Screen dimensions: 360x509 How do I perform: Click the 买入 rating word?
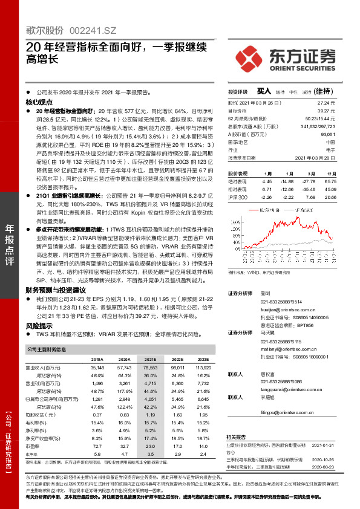pos(263,91)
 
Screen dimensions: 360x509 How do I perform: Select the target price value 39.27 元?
pos(327,111)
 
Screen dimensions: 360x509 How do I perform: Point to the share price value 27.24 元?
pos(327,103)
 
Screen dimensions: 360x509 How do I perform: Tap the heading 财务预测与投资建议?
pos(55,290)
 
